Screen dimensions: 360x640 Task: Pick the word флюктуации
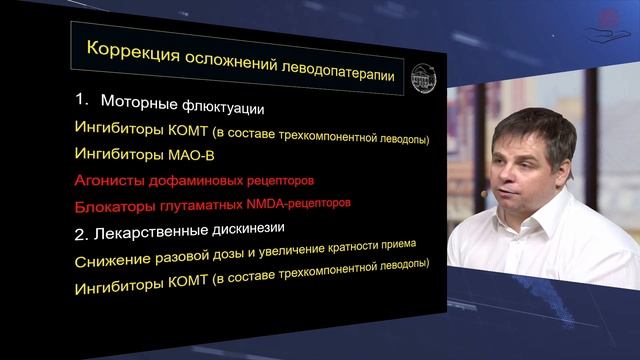click(228, 106)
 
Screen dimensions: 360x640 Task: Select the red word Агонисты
click(109, 181)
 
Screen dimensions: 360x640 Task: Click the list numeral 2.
click(81, 235)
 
